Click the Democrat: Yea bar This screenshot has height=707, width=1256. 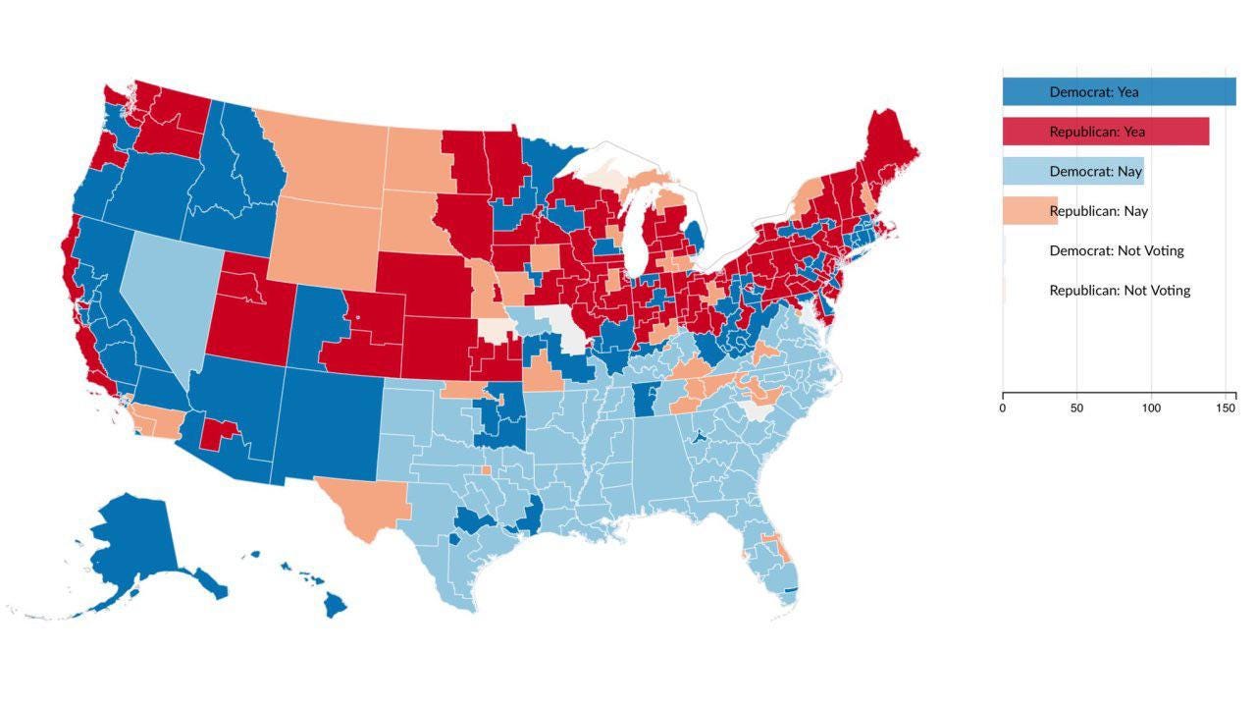(1119, 91)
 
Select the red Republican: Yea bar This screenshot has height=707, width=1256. (1105, 132)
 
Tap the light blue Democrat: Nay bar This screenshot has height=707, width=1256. (1073, 171)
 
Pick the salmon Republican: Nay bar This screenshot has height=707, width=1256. (1029, 211)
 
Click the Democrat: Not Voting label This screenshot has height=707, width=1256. (1116, 250)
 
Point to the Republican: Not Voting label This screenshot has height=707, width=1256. (1119, 291)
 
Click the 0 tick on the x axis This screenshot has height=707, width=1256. (1003, 408)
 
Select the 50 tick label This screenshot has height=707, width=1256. (1076, 408)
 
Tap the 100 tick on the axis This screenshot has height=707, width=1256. (1150, 408)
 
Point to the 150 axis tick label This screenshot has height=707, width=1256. (1224, 408)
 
